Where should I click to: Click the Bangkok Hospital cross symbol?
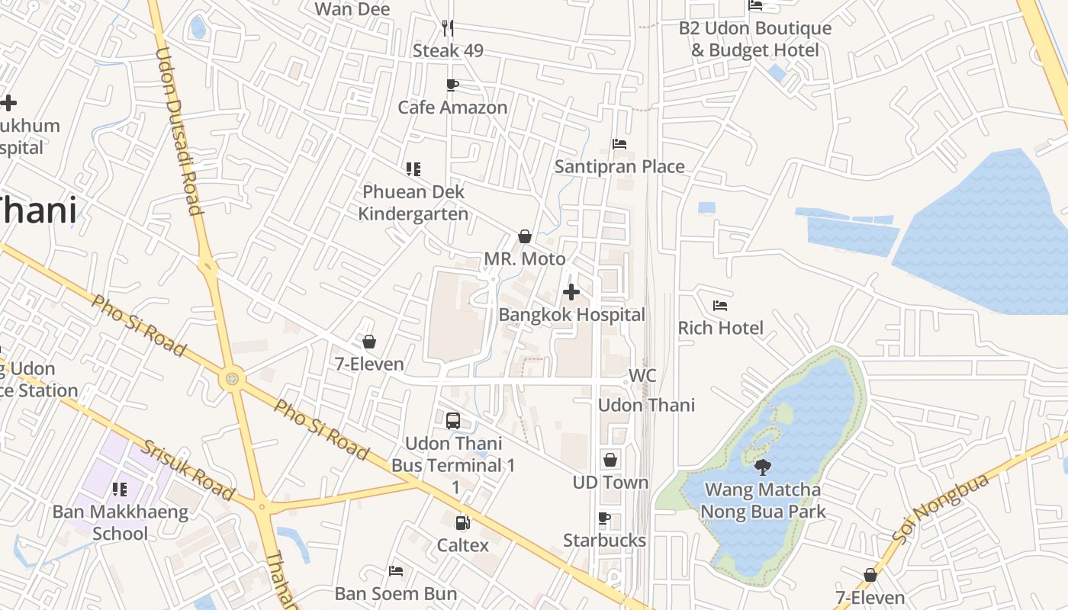[x=571, y=292]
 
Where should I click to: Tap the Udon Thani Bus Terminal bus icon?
[x=453, y=420]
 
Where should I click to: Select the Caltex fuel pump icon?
[x=462, y=522]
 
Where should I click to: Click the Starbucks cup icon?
[x=604, y=518]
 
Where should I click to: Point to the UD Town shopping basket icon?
[x=610, y=460]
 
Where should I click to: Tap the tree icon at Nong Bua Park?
[x=762, y=467]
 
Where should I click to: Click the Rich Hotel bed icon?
[x=720, y=306]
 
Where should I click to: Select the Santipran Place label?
[x=619, y=166]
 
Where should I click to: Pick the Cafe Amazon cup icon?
[x=452, y=85]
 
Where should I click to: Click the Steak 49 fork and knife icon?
[x=448, y=28]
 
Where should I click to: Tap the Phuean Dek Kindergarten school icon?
[x=413, y=169]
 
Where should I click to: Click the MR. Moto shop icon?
[x=525, y=236]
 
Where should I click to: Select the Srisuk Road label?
[x=188, y=470]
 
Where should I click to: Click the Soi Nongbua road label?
[x=941, y=509]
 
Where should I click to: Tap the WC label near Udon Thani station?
[x=642, y=376]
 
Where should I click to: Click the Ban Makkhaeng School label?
[x=121, y=522]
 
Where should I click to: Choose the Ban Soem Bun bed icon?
[x=396, y=570]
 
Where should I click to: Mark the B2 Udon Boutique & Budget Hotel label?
[x=754, y=39]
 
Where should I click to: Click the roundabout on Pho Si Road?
[x=232, y=378]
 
